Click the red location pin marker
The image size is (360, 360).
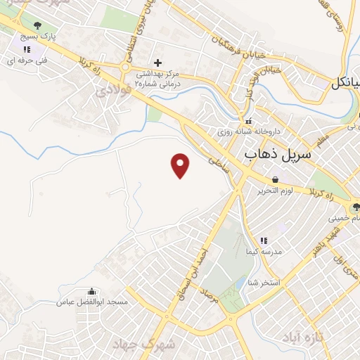(x=181, y=165)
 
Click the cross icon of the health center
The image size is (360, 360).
(x=157, y=63)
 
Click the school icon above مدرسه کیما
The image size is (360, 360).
(x=264, y=240)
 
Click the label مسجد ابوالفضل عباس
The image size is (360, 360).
(x=92, y=302)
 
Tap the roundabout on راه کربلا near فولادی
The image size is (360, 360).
(x=127, y=68)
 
